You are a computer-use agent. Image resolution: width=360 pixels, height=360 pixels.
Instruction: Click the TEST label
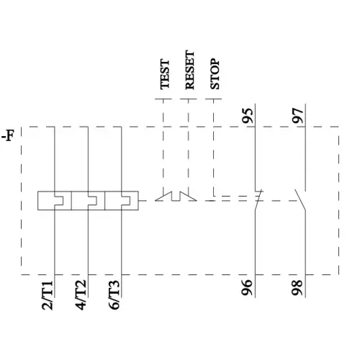point(165,73)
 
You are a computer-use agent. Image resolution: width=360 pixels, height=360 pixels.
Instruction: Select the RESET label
point(189,70)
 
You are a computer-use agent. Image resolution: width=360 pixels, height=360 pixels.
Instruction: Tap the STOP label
point(214,73)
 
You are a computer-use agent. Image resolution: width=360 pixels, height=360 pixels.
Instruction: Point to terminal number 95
point(248,116)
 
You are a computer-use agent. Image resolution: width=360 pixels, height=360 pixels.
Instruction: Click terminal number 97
point(299,116)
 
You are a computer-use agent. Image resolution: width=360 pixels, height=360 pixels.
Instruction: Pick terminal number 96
point(248,288)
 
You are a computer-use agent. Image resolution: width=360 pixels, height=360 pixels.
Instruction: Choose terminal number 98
point(299,288)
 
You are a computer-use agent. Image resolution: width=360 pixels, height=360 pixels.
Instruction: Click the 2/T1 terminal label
point(48,296)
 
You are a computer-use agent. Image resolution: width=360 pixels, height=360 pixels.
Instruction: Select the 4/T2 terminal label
point(81,296)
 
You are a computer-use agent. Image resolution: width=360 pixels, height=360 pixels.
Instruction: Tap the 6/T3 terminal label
point(114,296)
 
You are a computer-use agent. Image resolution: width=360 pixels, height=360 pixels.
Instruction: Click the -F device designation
point(8,135)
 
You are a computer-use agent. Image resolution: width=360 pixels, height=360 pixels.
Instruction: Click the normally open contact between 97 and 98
point(302,202)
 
